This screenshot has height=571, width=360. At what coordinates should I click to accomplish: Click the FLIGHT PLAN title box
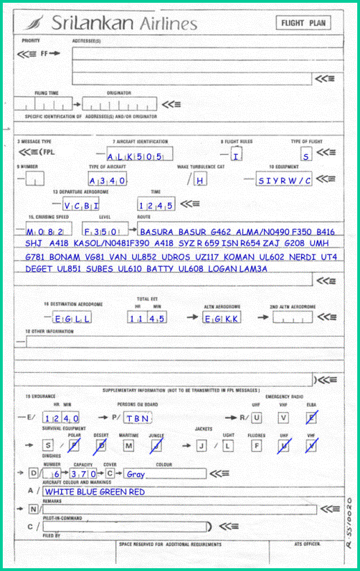coord(303,23)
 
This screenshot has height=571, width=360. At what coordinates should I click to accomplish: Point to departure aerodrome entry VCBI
coord(82,206)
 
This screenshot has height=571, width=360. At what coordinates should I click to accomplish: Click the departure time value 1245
coord(156,206)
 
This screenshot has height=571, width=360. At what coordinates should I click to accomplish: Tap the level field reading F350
coord(104,230)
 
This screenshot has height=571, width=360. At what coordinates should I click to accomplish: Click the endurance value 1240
coord(62,418)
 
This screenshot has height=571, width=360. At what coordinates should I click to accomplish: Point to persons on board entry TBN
coord(138,418)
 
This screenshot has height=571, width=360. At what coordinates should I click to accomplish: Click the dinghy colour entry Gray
coord(136,474)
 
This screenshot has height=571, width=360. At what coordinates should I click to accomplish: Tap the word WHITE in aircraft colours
coord(60,492)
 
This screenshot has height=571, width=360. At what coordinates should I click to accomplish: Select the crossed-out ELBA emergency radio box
coord(312,417)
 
